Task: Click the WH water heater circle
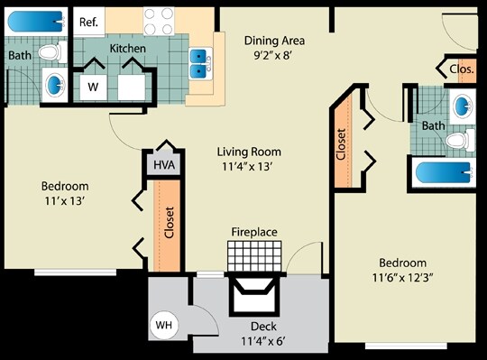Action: click(x=164, y=324)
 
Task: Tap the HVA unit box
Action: click(x=163, y=165)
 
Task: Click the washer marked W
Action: click(x=93, y=87)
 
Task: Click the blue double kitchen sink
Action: click(x=198, y=62)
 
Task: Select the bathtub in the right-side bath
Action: click(x=443, y=173)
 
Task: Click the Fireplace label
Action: click(x=254, y=232)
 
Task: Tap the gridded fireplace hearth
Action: click(x=248, y=255)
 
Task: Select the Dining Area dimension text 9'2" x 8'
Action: click(x=274, y=56)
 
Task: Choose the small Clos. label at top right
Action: click(x=461, y=68)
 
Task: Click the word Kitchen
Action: click(x=128, y=47)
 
